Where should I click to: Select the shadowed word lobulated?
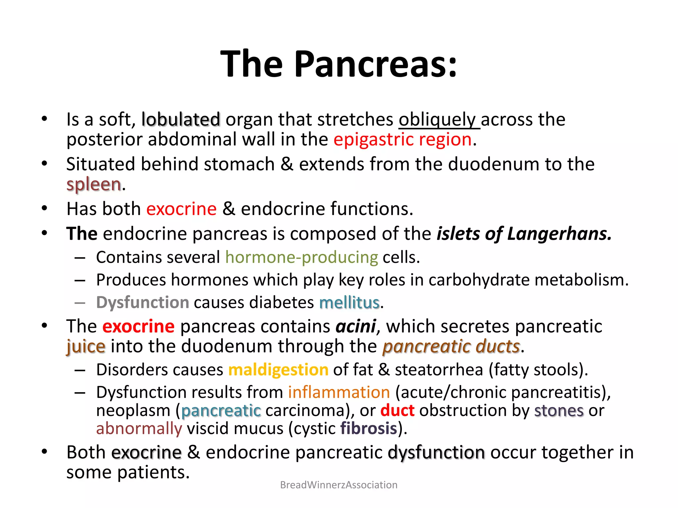[x=181, y=119]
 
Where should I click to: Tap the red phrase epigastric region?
[x=403, y=140]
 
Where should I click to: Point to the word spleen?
[x=94, y=184]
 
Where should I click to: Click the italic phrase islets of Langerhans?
[x=524, y=233]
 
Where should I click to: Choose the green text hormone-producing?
[x=302, y=257]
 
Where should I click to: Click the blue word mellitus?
[x=349, y=303]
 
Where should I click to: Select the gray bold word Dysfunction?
[x=143, y=303]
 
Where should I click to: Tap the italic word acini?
[x=356, y=326]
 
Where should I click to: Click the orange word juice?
[x=86, y=346]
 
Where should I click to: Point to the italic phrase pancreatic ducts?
[x=451, y=346]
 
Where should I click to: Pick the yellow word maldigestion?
[x=278, y=370]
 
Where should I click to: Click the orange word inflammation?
[x=339, y=393]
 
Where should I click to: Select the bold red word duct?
[x=397, y=411]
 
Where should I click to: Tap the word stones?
[x=559, y=411]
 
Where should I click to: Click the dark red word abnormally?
[x=139, y=429]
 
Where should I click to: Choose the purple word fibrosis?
[x=368, y=429]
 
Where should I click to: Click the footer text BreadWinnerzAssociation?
[x=339, y=485]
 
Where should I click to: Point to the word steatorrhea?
[x=439, y=370]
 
